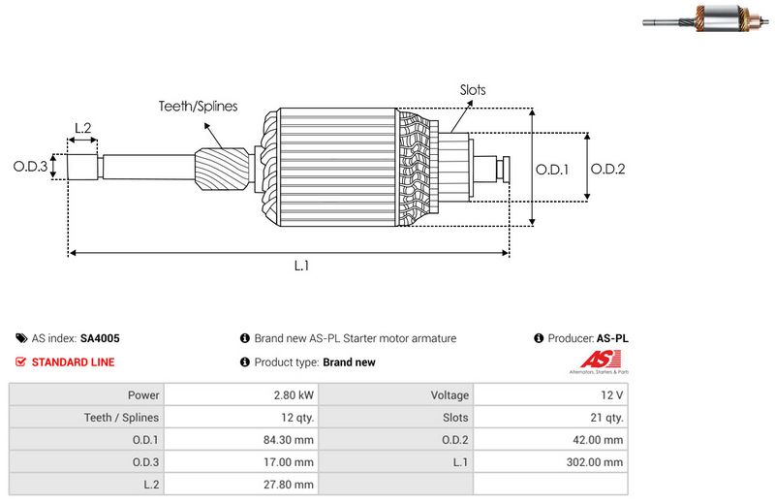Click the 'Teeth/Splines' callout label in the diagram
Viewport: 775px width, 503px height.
coord(198,107)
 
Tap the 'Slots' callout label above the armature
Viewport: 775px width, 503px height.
coord(473,90)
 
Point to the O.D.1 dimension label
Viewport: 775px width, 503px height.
coord(552,169)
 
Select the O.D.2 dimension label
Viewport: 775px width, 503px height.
coord(607,169)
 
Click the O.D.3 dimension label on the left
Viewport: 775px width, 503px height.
coord(30,167)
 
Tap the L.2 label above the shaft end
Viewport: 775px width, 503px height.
coord(82,128)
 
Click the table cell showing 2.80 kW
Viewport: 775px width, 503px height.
coord(294,395)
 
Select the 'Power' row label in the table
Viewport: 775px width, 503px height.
coord(142,395)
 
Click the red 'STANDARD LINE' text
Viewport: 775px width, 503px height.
coord(73,362)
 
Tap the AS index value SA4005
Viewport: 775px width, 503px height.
coord(100,339)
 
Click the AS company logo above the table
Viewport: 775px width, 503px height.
coord(596,362)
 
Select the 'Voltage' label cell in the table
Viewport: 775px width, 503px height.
coord(449,395)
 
